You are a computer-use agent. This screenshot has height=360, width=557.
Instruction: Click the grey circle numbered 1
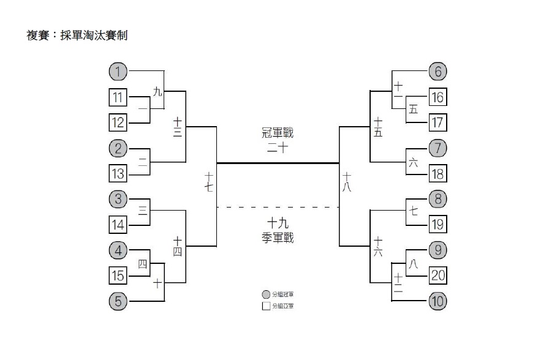click(x=118, y=72)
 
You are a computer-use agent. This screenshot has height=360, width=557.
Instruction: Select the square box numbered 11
click(x=118, y=97)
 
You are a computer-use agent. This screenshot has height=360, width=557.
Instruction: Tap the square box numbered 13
click(x=118, y=173)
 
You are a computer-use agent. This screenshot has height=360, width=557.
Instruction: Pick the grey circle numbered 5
click(x=118, y=301)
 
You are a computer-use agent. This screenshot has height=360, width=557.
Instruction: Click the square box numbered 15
click(x=118, y=276)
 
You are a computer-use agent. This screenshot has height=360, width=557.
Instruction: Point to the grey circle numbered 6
click(x=438, y=72)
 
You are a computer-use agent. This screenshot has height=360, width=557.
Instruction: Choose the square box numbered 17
click(x=438, y=122)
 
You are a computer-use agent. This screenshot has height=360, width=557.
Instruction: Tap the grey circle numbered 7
click(x=438, y=148)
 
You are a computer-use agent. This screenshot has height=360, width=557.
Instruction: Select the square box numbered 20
click(x=438, y=276)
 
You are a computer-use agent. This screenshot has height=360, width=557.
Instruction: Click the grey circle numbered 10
click(x=438, y=301)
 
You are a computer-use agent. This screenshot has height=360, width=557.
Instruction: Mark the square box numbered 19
click(x=438, y=225)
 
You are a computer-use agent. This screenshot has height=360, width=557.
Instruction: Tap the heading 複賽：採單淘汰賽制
click(x=77, y=36)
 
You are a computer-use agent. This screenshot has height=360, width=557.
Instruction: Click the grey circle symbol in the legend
click(x=266, y=294)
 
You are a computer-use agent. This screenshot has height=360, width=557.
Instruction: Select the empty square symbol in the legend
click(x=266, y=306)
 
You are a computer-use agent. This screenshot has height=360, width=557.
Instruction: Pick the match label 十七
click(x=208, y=182)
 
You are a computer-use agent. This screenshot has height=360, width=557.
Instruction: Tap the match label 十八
click(x=347, y=182)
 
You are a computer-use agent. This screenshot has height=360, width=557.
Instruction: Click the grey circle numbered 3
click(x=118, y=199)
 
